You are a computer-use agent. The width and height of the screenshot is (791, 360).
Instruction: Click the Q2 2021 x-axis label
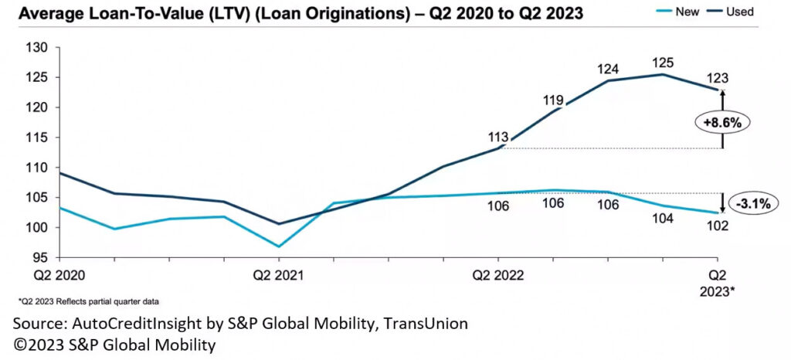tap(279, 275)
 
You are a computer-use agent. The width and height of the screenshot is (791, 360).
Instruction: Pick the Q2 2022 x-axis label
tap(499, 275)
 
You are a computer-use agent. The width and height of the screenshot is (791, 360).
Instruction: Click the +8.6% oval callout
tap(722, 123)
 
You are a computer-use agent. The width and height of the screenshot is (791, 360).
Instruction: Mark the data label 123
tap(718, 77)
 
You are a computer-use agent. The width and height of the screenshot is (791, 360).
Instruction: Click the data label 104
tap(663, 218)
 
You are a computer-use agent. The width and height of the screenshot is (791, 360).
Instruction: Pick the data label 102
tap(718, 226)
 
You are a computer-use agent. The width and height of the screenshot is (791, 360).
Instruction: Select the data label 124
tap(607, 70)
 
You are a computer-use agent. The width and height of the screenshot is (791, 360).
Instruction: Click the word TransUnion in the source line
tap(426, 324)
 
